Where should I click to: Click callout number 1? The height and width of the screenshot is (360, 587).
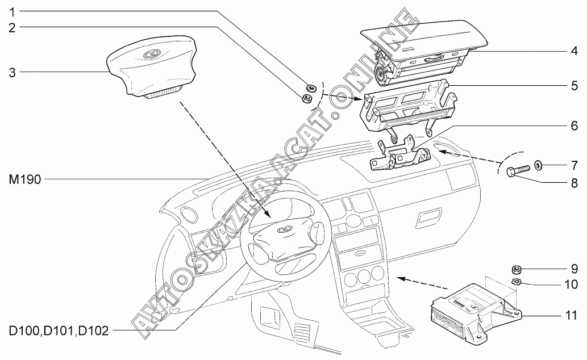pyautogui.click(x=12, y=12)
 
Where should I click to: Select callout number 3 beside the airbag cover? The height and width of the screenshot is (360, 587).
pyautogui.click(x=12, y=72)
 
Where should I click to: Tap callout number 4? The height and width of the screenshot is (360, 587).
pyautogui.click(x=574, y=51)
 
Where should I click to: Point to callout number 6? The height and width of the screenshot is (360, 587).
pyautogui.click(x=574, y=125)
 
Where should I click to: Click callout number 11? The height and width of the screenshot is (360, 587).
pyautogui.click(x=571, y=315)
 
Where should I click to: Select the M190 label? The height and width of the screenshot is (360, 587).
pyautogui.click(x=24, y=179)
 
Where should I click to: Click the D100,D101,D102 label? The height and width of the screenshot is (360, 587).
pyautogui.click(x=59, y=331)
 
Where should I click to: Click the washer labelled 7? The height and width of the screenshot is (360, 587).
pyautogui.click(x=538, y=165)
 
